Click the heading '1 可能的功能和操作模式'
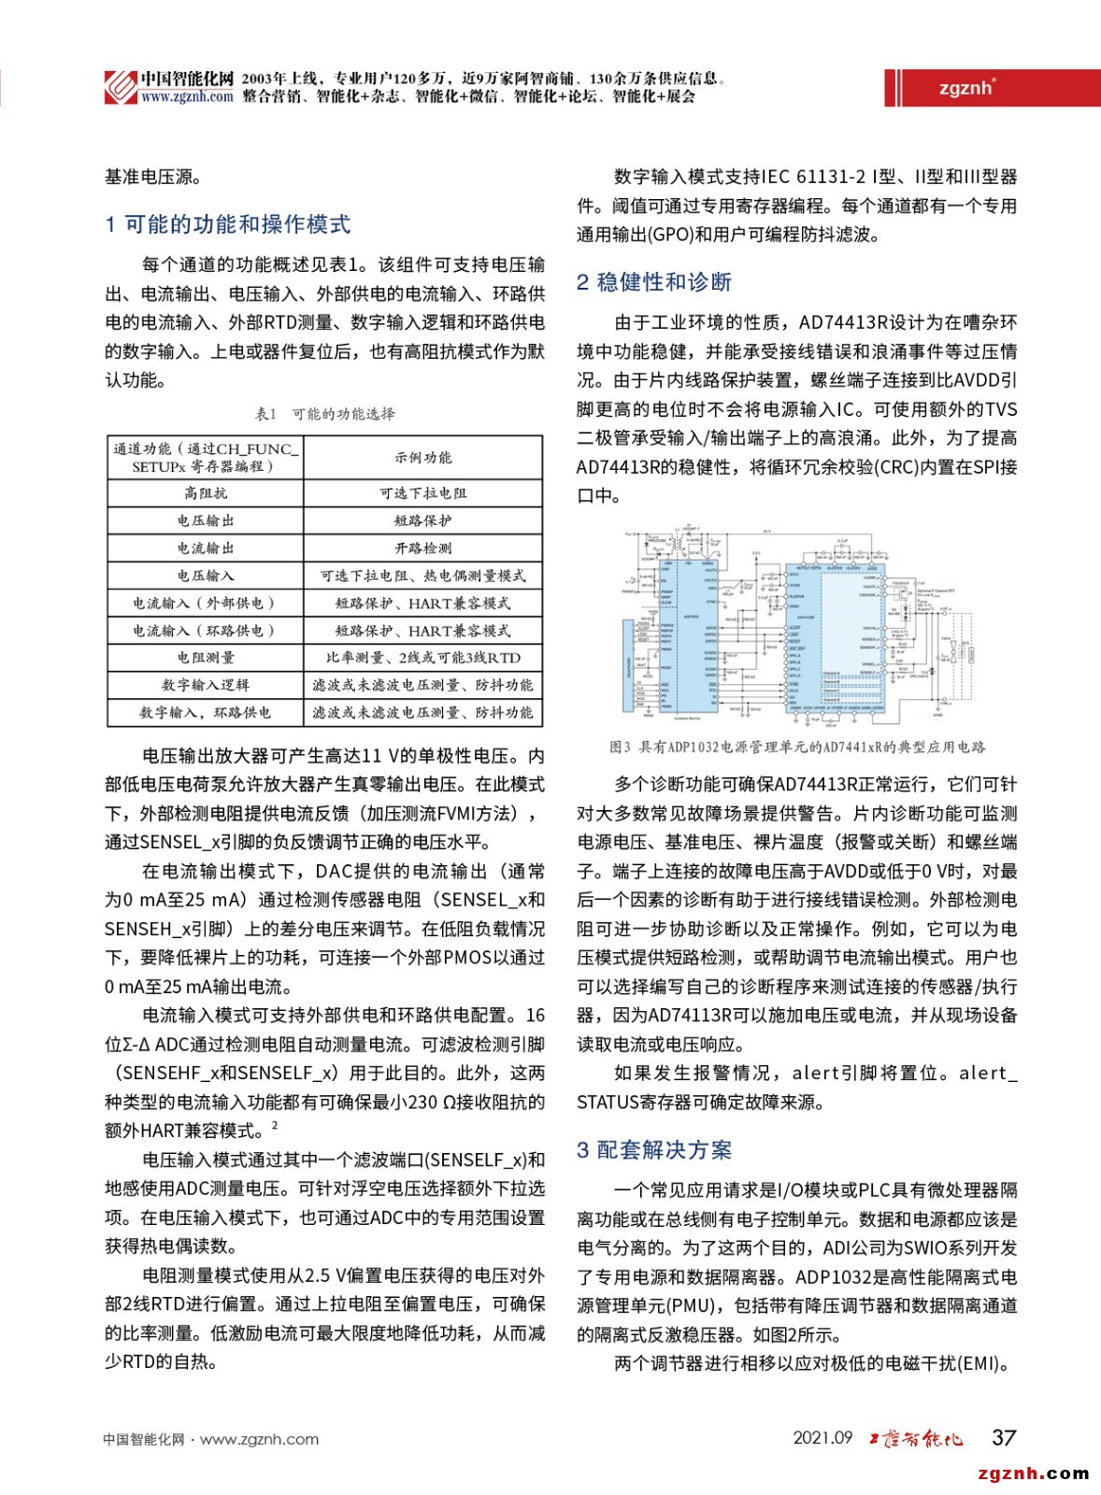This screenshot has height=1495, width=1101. (x=228, y=224)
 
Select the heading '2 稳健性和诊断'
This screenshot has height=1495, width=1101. (x=653, y=282)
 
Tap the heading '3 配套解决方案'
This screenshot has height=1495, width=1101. (x=653, y=1150)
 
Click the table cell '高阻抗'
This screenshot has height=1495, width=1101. (x=206, y=493)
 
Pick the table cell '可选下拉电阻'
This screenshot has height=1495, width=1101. (x=422, y=493)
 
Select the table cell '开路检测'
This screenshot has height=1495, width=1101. (x=422, y=548)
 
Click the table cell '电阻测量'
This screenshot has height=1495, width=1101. (x=206, y=658)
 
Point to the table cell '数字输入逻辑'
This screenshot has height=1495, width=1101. (x=206, y=685)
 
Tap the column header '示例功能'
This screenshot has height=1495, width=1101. (x=422, y=458)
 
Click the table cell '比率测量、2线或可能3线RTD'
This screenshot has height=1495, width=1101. (x=422, y=658)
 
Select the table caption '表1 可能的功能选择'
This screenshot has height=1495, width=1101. (x=324, y=414)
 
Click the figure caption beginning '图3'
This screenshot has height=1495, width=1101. (x=796, y=747)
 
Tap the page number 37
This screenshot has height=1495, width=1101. (x=1004, y=1438)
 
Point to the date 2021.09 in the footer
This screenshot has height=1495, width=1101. (x=822, y=1438)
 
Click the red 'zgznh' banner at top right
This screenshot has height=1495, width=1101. (x=966, y=88)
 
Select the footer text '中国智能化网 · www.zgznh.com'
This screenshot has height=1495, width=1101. (x=211, y=1440)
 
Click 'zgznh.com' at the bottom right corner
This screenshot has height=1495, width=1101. (x=1033, y=1474)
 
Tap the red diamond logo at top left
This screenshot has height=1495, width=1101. (x=120, y=87)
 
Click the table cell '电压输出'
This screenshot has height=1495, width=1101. (x=206, y=520)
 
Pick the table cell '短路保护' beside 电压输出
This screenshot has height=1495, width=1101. (x=422, y=520)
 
